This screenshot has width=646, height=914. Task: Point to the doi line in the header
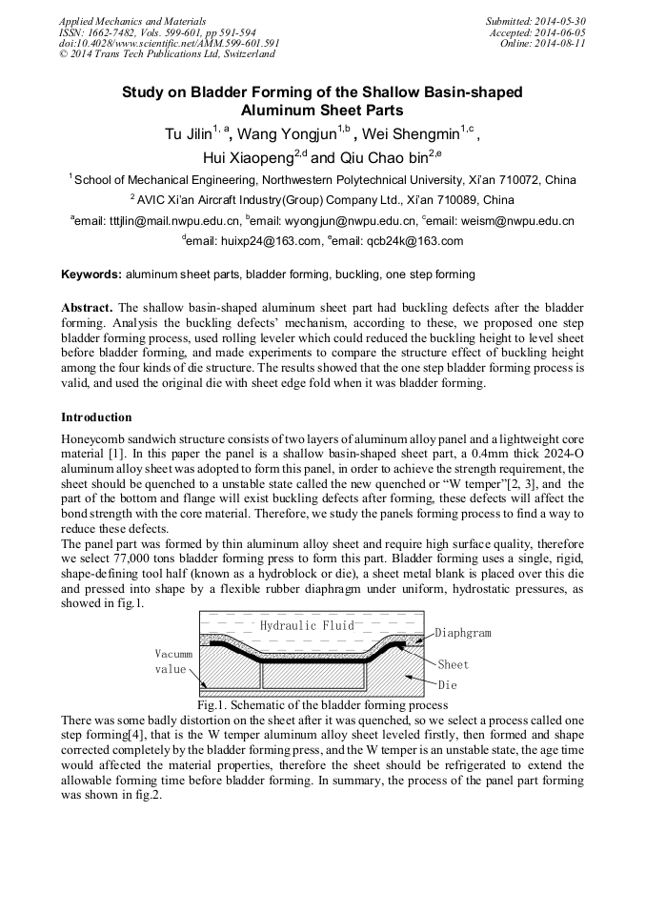[x=169, y=43]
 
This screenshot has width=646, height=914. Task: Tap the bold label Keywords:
[x=91, y=274]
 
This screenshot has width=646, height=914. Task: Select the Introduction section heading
[x=96, y=417]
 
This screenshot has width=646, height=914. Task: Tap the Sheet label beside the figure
[x=454, y=664]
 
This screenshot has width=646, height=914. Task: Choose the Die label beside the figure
[x=447, y=684]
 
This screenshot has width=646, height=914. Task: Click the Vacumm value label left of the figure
[x=172, y=661]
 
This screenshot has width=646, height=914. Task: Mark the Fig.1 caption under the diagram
[x=322, y=705]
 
